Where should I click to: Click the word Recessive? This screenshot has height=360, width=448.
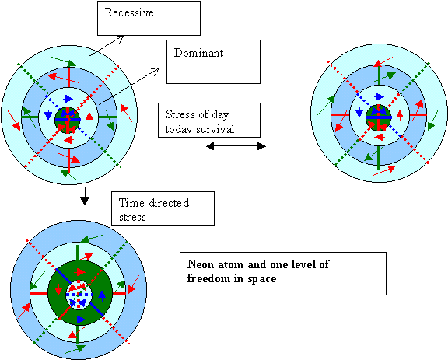pos(129,12)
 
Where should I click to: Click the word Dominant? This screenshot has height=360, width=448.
pos(198,53)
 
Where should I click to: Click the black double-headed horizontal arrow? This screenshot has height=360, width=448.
pos(236,146)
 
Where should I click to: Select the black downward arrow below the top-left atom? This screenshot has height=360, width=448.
pos(84,196)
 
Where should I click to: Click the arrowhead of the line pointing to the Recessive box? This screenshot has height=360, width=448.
pos(121,38)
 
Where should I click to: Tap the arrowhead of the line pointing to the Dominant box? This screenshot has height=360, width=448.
pos(156,71)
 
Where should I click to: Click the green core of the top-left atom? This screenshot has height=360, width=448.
pos(68,120)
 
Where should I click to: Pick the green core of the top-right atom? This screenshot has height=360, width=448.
pos(379,117)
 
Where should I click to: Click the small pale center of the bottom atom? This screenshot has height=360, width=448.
pos(79,295)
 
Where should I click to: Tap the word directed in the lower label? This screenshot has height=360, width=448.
pos(169,203)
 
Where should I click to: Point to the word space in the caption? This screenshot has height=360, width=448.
pos(262,279)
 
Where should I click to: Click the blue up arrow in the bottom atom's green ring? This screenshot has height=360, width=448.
pos(102,296)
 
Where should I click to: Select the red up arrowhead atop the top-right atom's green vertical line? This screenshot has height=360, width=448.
pos(379,63)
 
